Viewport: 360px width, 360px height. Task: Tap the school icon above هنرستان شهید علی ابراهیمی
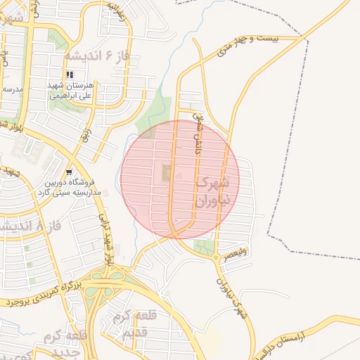[x=69, y=74]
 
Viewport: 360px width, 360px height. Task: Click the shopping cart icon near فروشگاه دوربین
[x=69, y=172]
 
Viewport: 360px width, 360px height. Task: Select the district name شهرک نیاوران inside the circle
[x=210, y=191]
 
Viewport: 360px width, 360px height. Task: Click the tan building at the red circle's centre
[x=167, y=172]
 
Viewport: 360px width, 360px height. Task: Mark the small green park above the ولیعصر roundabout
[x=205, y=246]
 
